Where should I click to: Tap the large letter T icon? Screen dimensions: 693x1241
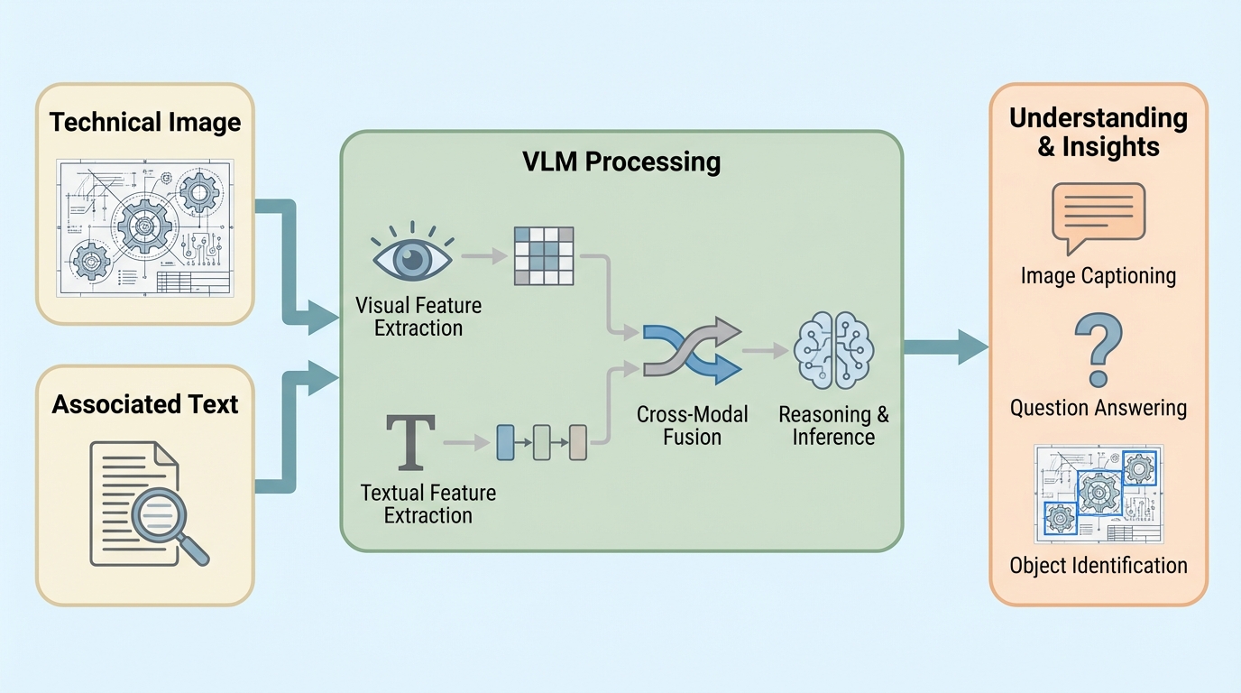click(410, 442)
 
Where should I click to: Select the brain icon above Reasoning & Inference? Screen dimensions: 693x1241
click(834, 349)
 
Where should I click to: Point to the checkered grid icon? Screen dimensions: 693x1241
click(544, 256)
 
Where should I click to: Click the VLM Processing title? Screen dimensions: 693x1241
click(621, 162)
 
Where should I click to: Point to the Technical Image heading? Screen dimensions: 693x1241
click(145, 122)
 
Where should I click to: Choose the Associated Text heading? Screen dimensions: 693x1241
click(145, 403)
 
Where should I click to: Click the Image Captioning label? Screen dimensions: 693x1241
click(1098, 275)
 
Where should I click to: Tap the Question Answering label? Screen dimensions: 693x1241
click(1098, 408)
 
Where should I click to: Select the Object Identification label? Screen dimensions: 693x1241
click(1098, 566)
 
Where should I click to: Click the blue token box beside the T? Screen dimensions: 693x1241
click(505, 441)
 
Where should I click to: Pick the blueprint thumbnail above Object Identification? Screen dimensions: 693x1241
click(1098, 493)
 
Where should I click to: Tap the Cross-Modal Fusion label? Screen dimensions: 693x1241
click(692, 426)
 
